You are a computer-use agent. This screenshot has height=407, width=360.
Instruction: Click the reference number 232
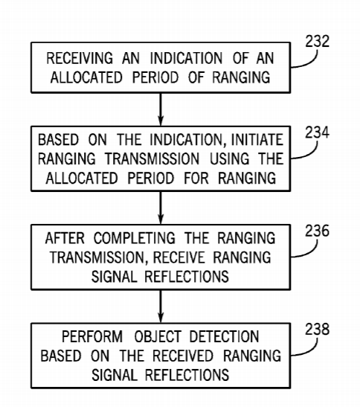point(317,41)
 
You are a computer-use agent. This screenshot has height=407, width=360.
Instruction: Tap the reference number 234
point(317,132)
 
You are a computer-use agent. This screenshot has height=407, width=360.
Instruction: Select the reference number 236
point(317,231)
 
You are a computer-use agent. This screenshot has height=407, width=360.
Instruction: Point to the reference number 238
point(317,329)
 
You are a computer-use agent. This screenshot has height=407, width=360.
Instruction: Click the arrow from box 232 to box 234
point(161,109)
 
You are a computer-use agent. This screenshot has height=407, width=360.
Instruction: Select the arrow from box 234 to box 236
point(161,208)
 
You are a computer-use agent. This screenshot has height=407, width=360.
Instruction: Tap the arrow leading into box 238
point(161,307)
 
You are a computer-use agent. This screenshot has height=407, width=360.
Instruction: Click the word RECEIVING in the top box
point(80,58)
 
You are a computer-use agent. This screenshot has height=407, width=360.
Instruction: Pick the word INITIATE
point(257,140)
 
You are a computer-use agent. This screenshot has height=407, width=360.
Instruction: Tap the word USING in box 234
point(229,158)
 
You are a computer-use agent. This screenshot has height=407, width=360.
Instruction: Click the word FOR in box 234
point(196,178)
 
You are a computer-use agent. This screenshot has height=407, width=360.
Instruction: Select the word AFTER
point(65,238)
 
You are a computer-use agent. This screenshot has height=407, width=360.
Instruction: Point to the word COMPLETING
point(135,238)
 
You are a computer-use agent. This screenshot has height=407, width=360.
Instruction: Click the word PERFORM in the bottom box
point(92,336)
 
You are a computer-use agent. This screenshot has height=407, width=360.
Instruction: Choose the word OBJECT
point(158,336)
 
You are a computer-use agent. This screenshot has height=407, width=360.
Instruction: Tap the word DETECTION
point(224,336)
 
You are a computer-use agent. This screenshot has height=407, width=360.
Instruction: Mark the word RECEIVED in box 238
point(183,356)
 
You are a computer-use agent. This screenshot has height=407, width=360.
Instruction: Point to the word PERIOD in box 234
point(151,178)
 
